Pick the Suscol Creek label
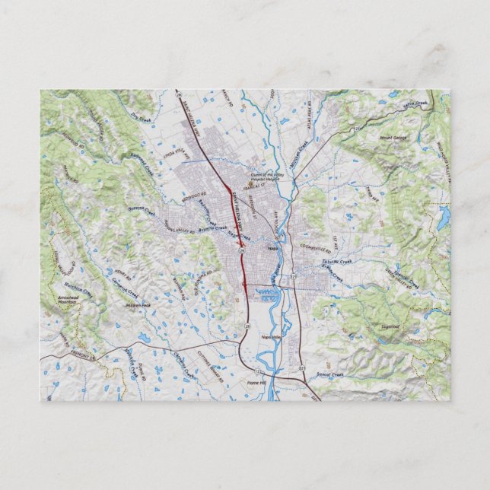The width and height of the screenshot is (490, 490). coord(332,374)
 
